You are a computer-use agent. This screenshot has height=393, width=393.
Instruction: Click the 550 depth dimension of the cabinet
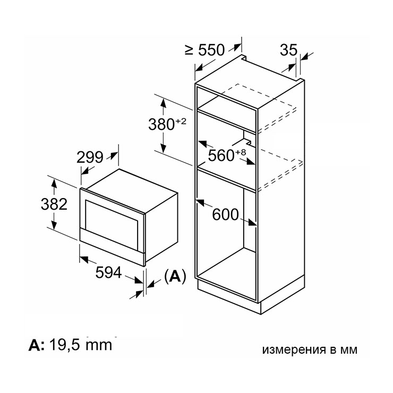point(211,50)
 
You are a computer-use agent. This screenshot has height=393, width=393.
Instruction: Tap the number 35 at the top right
point(288,49)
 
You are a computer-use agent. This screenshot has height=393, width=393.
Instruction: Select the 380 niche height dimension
point(161,124)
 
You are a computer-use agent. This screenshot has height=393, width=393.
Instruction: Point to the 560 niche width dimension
point(221,156)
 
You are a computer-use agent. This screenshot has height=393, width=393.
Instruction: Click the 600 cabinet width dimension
point(225,215)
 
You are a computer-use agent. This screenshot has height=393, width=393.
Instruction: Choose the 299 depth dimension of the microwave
point(90,157)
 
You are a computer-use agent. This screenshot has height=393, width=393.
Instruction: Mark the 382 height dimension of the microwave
point(54,204)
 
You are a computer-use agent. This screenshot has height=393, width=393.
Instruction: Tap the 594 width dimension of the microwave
point(108,272)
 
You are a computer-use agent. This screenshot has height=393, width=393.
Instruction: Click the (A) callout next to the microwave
point(175,276)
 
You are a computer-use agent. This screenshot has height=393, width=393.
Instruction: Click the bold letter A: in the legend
point(37,345)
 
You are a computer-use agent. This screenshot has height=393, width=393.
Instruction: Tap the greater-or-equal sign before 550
point(189,50)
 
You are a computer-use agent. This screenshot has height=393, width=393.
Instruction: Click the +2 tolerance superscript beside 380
point(181,122)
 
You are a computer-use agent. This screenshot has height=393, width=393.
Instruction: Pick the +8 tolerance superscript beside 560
point(241,152)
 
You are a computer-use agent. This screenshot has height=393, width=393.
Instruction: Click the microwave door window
point(112,221)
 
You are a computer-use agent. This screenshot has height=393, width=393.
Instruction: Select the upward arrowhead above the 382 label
point(54,184)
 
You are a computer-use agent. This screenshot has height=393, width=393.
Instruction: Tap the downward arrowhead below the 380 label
point(164,148)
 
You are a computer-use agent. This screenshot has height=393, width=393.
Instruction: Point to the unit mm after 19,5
point(99,346)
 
